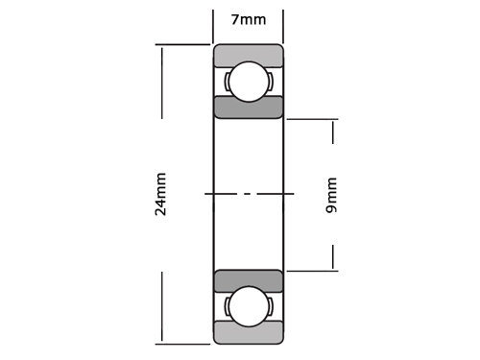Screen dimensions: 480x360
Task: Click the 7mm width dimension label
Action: click(249, 20)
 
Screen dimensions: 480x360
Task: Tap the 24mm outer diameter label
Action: click(160, 194)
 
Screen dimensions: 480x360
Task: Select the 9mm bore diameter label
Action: click(331, 195)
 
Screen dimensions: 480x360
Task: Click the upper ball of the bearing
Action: click(249, 82)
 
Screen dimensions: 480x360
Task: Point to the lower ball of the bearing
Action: click(249, 306)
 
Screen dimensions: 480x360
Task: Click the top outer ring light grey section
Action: click(249, 56)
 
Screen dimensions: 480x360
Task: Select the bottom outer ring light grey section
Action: click(249, 333)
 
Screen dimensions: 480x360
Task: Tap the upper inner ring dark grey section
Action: click(249, 108)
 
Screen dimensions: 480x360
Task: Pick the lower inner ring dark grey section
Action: click(249, 281)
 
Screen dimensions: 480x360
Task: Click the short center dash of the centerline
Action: click(247, 194)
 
